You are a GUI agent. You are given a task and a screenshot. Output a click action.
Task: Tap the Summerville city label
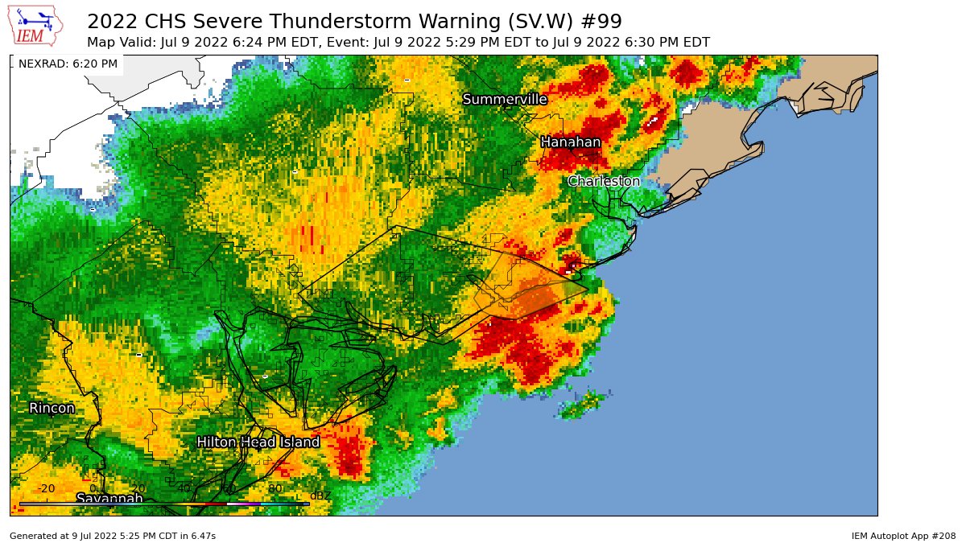click(505, 99)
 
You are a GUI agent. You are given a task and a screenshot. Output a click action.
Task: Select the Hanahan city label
click(570, 142)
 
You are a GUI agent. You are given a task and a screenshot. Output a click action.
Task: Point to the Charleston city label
click(604, 182)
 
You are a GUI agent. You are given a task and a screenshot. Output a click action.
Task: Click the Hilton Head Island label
click(258, 442)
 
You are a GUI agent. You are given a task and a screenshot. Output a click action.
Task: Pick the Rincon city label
click(52, 409)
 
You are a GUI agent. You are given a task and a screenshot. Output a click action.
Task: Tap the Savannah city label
click(109, 499)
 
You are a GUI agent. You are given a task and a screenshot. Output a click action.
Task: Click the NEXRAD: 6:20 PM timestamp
click(68, 64)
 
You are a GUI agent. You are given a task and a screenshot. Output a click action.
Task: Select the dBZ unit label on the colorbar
click(320, 496)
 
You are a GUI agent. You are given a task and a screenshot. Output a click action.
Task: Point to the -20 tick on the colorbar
click(47, 488)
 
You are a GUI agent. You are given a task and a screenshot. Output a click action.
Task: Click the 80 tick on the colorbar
click(275, 488)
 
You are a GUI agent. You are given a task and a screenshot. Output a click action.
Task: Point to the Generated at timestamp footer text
click(113, 535)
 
